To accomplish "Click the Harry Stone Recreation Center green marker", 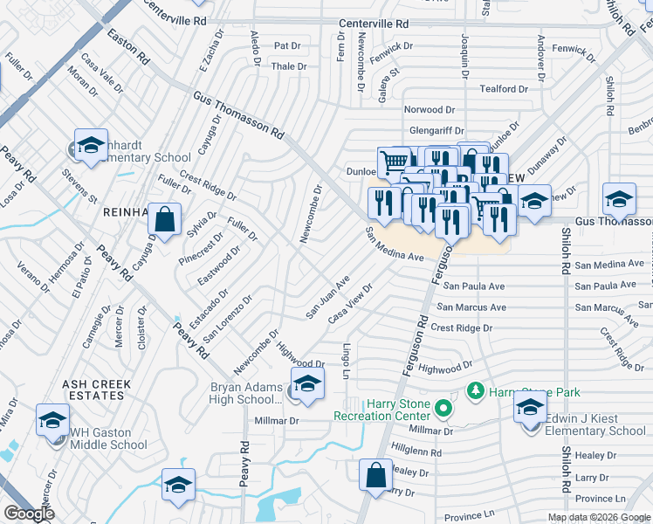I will click(443, 407).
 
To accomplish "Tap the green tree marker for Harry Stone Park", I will click(476, 390).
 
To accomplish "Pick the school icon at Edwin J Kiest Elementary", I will click(529, 406).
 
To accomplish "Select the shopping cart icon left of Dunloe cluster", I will click(394, 162).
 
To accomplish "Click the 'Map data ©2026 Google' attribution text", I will click(599, 517).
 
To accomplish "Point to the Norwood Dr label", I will click(430, 110).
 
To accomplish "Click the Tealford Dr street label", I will click(504, 88).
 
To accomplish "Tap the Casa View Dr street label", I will click(350, 304).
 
